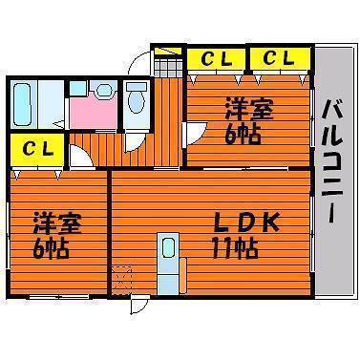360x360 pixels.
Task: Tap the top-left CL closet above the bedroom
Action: pyautogui.click(x=216, y=60)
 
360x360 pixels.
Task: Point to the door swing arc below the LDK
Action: pyautogui.click(x=140, y=305)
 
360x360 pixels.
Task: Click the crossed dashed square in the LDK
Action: pyautogui.click(x=121, y=281)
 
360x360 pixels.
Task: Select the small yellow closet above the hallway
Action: pyautogui.click(x=169, y=50)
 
